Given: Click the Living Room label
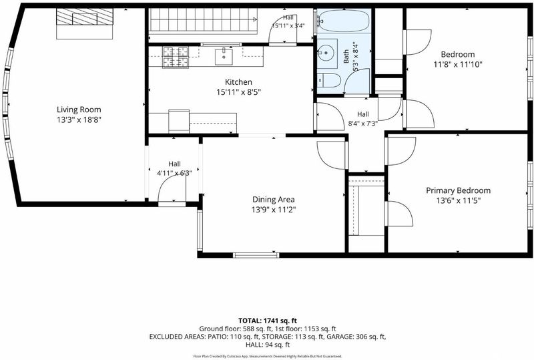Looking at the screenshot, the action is click(x=79, y=110).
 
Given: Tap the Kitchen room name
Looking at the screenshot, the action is click(x=238, y=82).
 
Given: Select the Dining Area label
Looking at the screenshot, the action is click(x=274, y=200).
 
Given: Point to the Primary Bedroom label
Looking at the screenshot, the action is click(x=459, y=190).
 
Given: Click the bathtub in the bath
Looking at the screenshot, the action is click(x=344, y=21).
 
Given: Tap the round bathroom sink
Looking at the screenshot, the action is click(x=327, y=53).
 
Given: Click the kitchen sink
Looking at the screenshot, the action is click(x=224, y=57).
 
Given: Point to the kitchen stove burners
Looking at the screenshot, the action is click(x=176, y=57).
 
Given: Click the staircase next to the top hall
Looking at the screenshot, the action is click(x=204, y=21).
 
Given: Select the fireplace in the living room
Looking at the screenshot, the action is click(x=85, y=23).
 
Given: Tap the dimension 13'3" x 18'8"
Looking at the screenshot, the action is click(x=79, y=120).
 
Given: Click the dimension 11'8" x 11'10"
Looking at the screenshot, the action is click(x=458, y=64).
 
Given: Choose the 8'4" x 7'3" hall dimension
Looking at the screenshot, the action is click(x=363, y=124).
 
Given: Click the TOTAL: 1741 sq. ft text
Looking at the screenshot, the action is click(x=268, y=321).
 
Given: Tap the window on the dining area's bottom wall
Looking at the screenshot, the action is click(x=256, y=255).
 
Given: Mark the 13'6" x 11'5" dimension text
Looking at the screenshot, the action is click(x=459, y=201).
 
